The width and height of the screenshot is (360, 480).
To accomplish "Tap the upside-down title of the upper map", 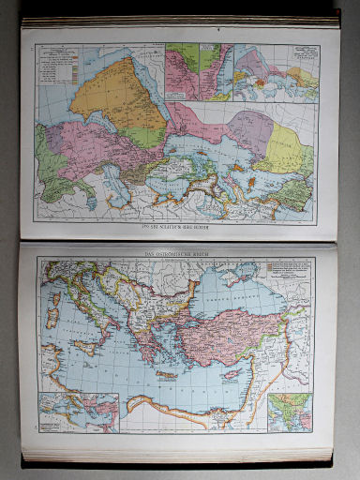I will (177, 230).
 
